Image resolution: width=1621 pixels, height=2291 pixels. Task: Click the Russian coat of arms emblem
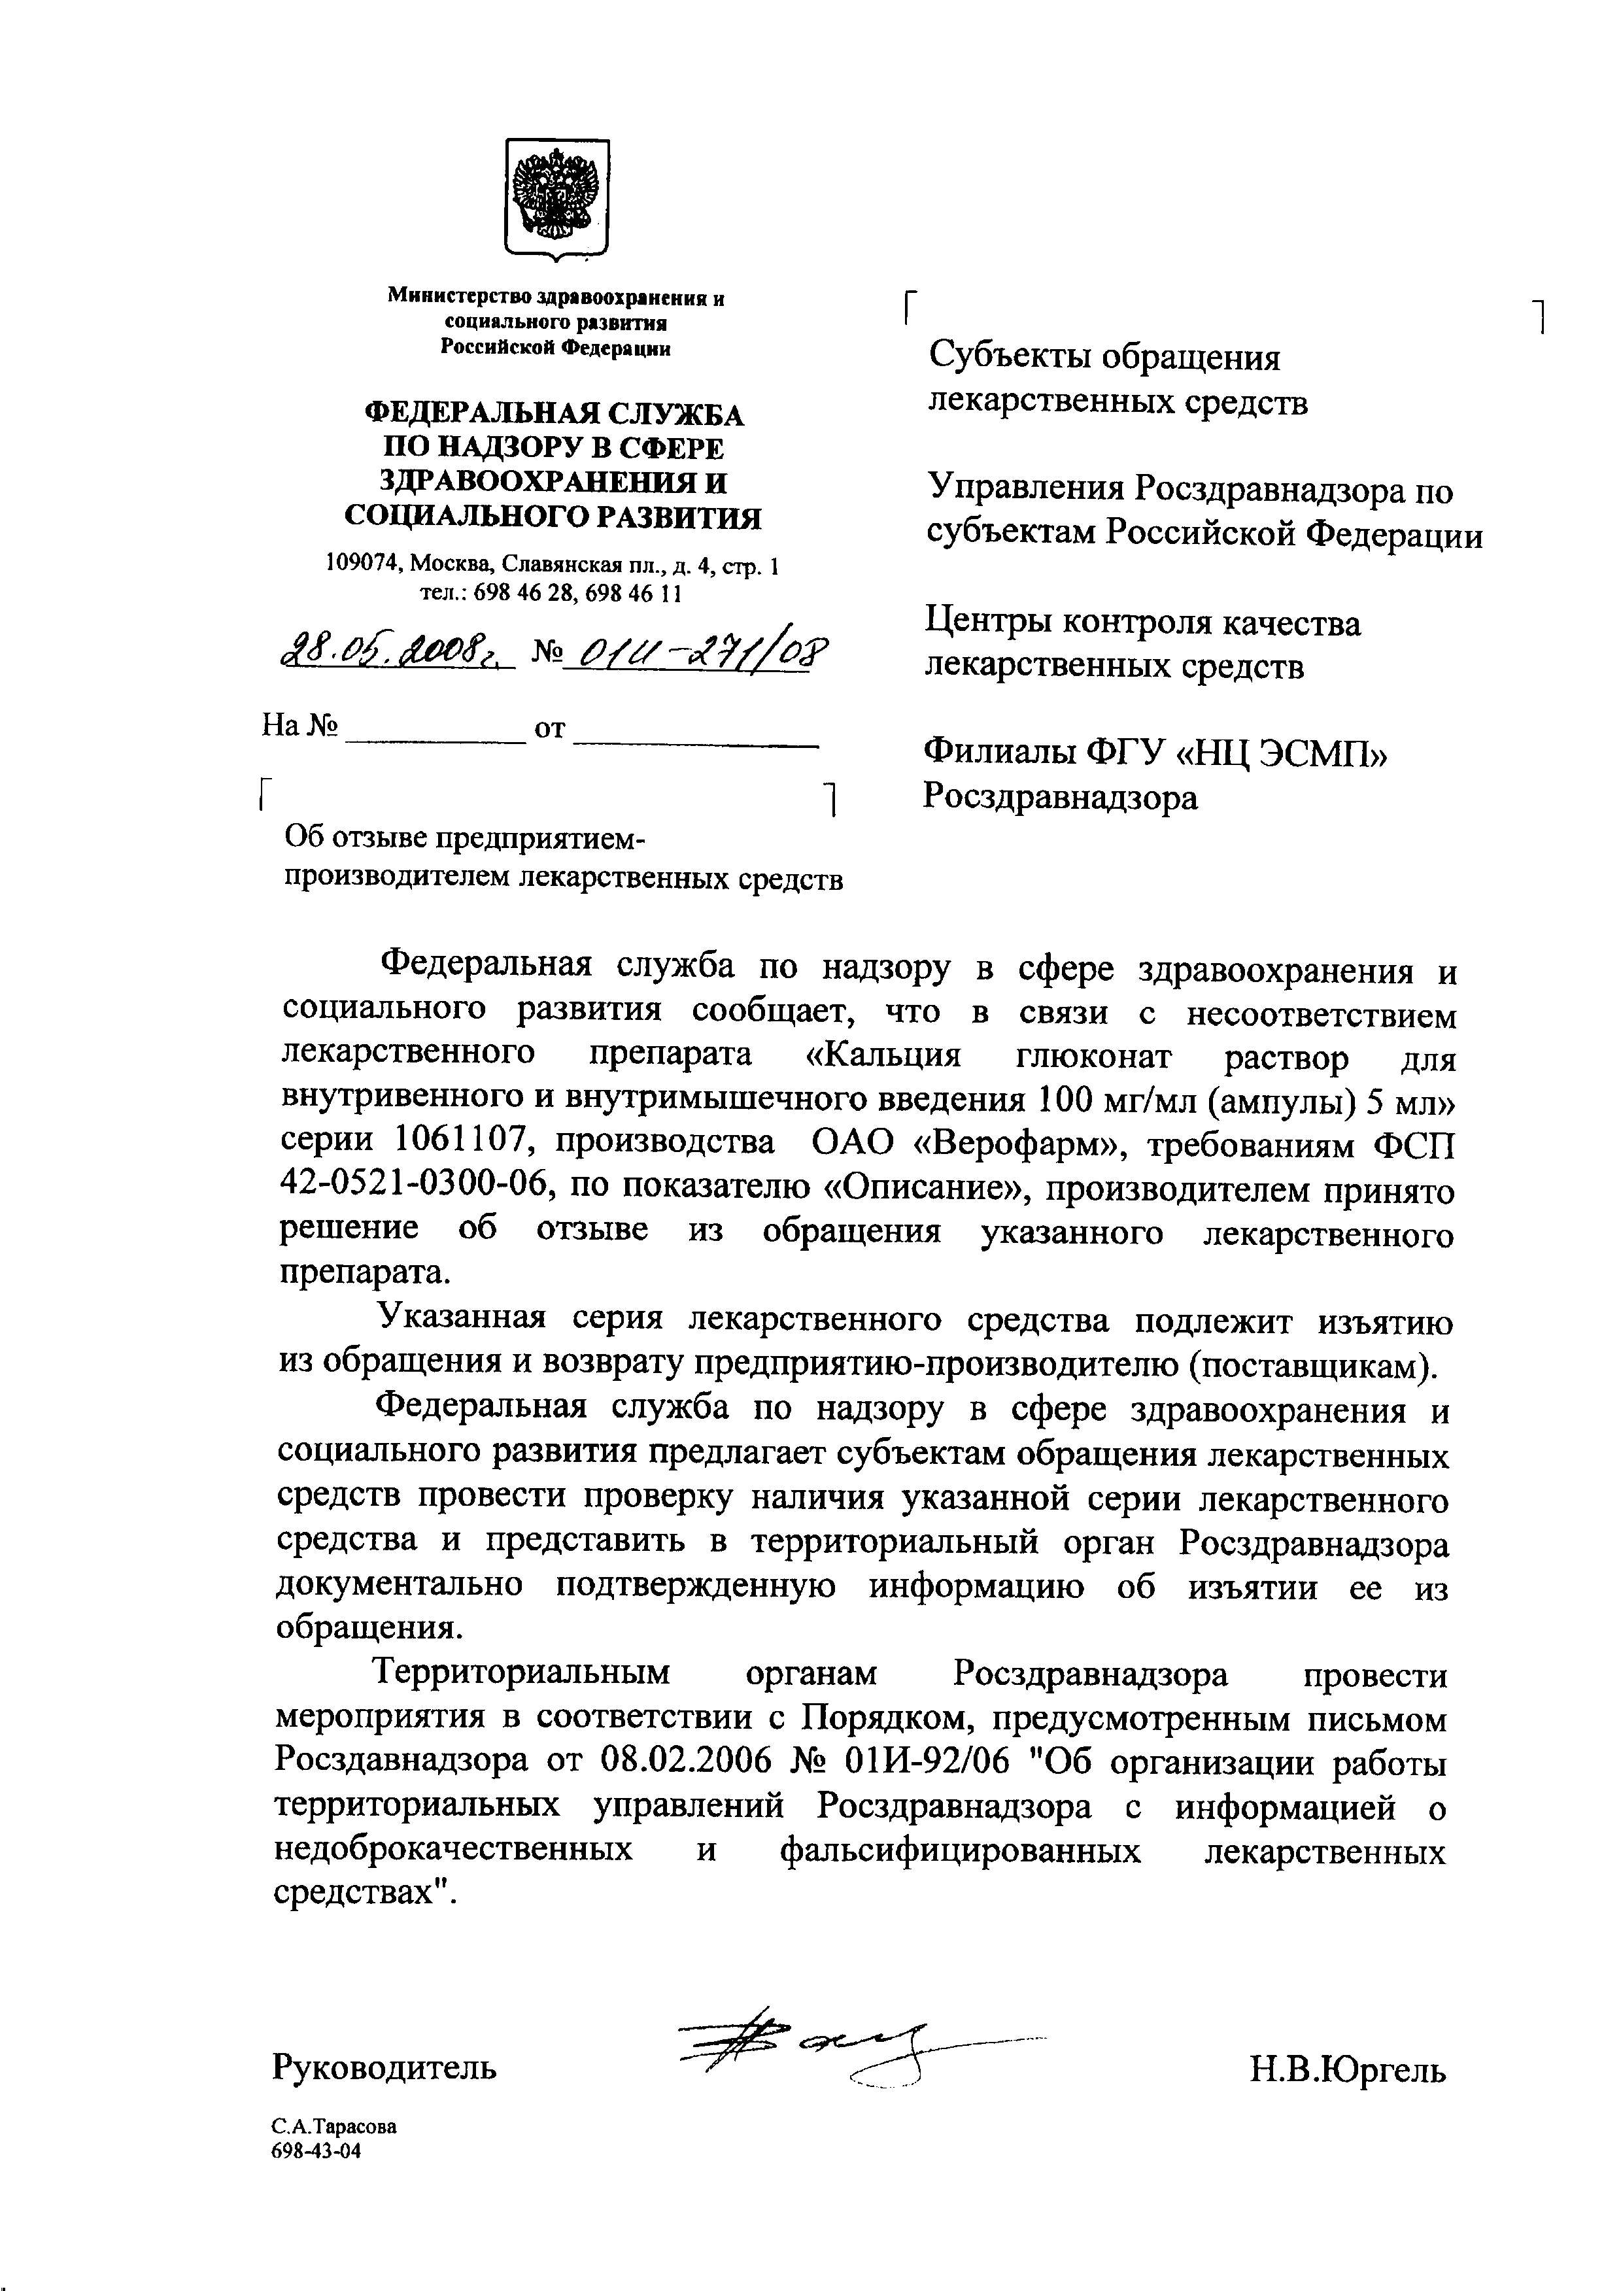(556, 197)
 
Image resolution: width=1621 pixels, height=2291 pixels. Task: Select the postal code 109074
(362, 567)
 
